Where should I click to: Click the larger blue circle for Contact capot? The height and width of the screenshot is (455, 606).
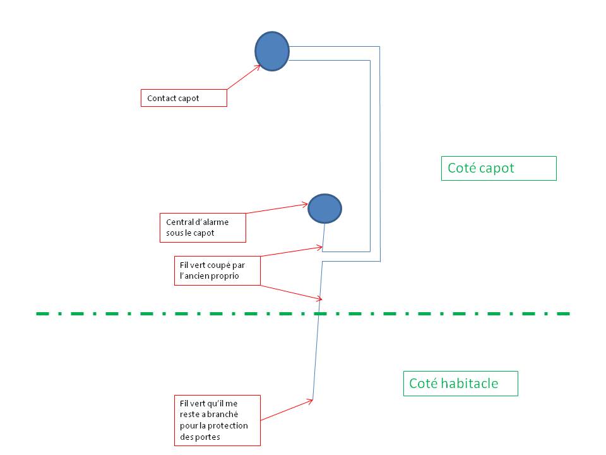[272, 51]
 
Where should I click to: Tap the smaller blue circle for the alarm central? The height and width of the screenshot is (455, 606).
[324, 209]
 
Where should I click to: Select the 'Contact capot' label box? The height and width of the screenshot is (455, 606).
[184, 98]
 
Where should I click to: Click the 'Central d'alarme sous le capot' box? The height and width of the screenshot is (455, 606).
[203, 228]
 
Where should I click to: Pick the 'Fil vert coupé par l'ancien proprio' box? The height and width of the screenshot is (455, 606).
[217, 271]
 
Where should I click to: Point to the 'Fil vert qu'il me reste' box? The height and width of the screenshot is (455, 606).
[217, 420]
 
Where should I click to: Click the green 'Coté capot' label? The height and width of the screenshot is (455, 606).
[499, 168]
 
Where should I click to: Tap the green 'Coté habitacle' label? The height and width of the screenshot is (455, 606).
[461, 384]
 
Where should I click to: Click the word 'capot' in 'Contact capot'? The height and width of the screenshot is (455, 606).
[189, 99]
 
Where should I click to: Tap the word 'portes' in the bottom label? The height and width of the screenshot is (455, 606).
[208, 437]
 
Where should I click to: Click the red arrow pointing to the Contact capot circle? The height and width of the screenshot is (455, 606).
[244, 77]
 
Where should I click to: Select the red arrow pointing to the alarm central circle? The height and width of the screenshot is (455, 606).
[276, 208]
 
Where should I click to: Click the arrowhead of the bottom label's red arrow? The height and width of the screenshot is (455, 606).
[311, 401]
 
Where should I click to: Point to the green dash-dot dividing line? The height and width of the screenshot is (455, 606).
[303, 313]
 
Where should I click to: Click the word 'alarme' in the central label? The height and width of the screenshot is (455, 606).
[217, 222]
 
